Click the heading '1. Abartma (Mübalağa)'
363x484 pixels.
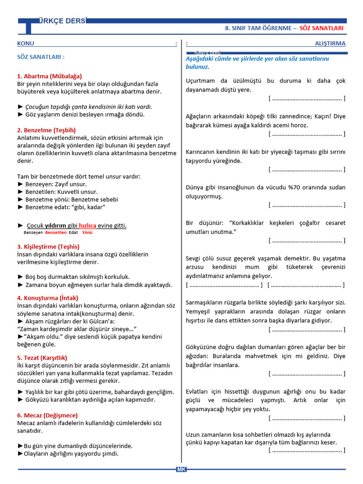pos(49,76)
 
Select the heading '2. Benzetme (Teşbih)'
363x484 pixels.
pos(46,130)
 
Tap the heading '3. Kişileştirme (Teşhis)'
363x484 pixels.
pos(48,247)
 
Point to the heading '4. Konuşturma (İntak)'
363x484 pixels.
pos(48,298)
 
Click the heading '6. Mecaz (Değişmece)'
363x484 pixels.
pos(47,415)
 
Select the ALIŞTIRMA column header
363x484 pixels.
pos(330,43)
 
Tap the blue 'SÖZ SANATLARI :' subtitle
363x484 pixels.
pos(41,57)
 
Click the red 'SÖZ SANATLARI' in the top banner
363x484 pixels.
pos(321,28)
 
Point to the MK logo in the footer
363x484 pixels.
pos(181,469)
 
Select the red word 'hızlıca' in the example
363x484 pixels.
pos(87,225)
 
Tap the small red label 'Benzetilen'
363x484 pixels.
pos(56,233)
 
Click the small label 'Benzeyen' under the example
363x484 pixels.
pos(34,233)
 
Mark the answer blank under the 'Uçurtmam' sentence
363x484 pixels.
pos(306,98)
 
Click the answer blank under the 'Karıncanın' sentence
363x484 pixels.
pos(306,169)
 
